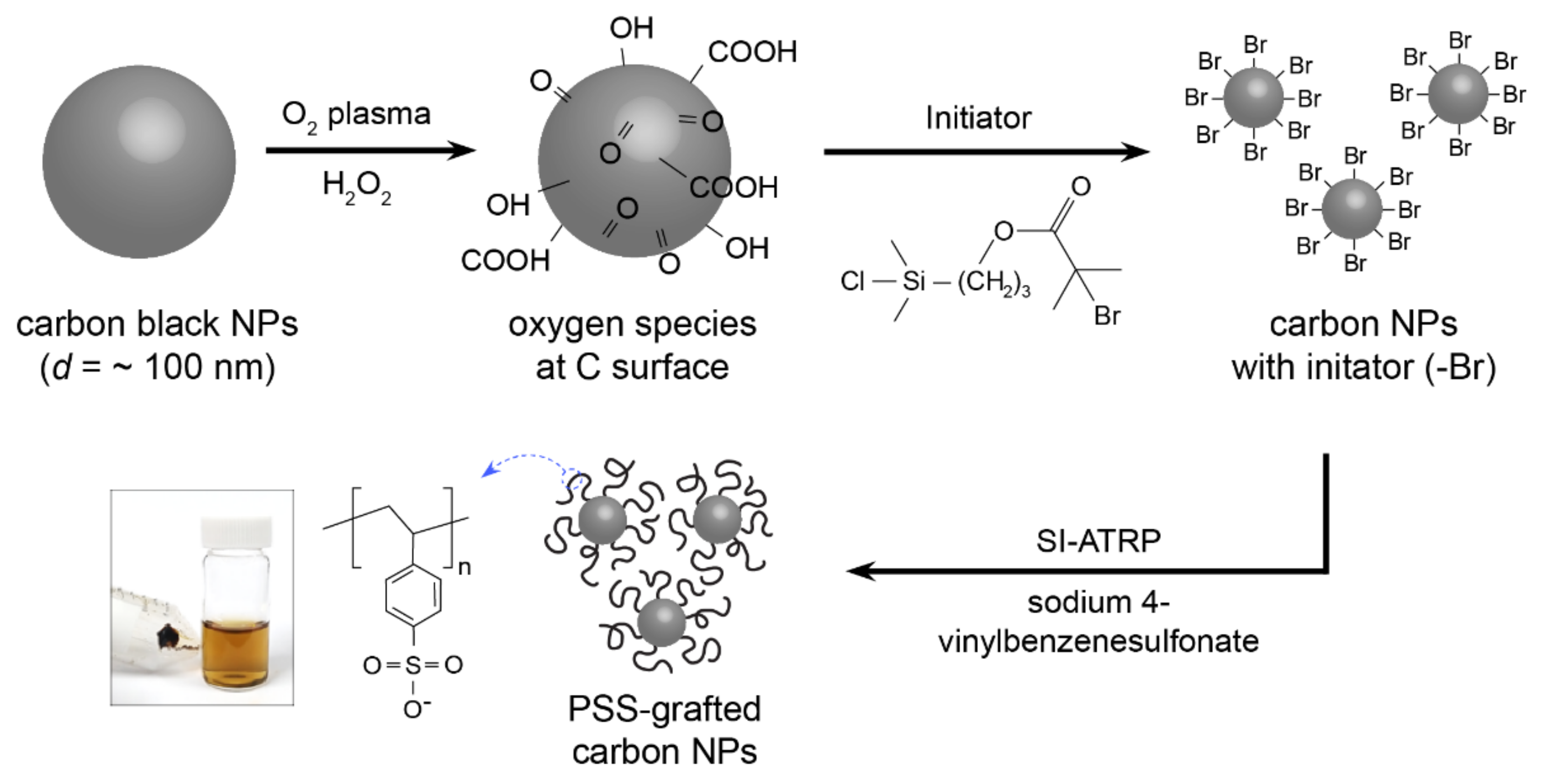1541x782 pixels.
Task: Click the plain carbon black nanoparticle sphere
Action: [x=139, y=162]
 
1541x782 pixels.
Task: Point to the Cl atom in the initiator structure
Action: [x=852, y=281]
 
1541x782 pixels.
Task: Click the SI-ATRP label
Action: [x=1098, y=541]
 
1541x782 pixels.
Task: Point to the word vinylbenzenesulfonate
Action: [x=1098, y=641]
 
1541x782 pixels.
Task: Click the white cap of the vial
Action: [x=236, y=531]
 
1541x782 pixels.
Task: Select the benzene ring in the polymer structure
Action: [x=413, y=596]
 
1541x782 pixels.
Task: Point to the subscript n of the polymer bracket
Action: [x=464, y=567]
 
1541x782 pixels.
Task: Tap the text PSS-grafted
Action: [x=664, y=709]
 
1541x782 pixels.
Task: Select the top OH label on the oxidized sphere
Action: [x=631, y=28]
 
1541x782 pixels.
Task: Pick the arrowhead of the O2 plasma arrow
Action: [x=464, y=150]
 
